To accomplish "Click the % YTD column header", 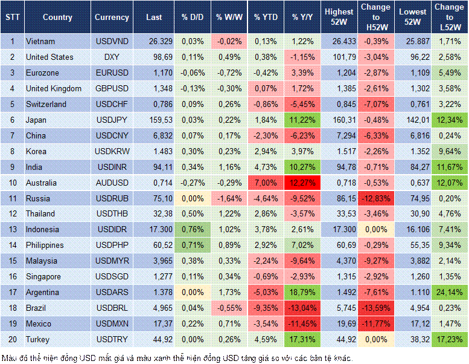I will pos(266,17).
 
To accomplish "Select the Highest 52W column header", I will pos(339,17).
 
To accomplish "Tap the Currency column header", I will pos(112,17).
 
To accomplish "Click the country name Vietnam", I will pos(40,41).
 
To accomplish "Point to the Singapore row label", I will pos(43,276).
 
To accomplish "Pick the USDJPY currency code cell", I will pos(112,120).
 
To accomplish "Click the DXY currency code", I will pos(112,57).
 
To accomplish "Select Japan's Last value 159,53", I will pos(153,120).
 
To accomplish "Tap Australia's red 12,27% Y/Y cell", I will pos(302,183).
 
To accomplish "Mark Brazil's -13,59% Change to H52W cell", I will pos(376,308).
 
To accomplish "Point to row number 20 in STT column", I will pos(12,339).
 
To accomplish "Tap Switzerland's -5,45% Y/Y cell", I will pos(302,104).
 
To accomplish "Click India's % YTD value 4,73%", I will pos(266,167).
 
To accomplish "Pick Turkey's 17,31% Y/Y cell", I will pos(302,339).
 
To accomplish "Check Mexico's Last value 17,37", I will pos(153,323).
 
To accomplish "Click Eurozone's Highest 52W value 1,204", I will pos(339,73).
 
